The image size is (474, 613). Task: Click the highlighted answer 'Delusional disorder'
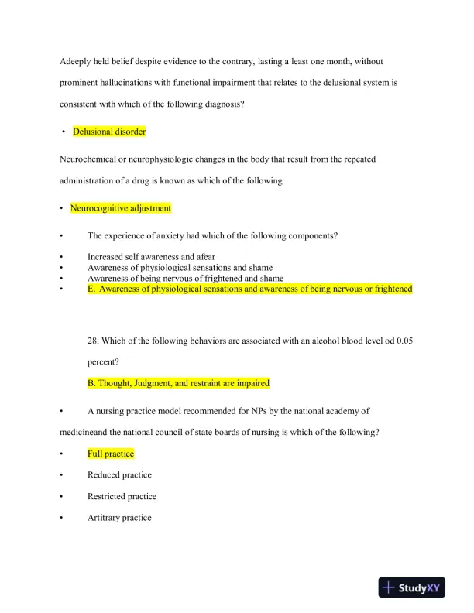(109, 132)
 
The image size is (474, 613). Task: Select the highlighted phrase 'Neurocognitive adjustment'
(120, 208)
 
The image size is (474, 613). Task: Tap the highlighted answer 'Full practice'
(111, 454)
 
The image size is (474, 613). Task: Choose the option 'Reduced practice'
(119, 475)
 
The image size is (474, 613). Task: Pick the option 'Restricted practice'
(122, 496)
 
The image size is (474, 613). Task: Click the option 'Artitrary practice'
(119, 518)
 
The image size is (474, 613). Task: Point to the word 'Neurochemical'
(85, 159)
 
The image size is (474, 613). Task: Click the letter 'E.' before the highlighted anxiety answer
(92, 289)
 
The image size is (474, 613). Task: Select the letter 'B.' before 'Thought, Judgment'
(91, 382)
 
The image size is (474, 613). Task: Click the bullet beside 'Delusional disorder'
(62, 132)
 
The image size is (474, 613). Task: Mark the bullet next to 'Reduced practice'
(60, 475)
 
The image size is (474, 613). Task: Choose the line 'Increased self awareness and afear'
(151, 256)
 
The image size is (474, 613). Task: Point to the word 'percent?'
(104, 361)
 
